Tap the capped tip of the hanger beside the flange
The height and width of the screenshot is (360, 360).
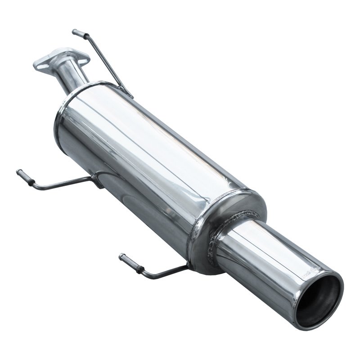(76, 32)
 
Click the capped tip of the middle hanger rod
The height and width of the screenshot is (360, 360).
(20, 173)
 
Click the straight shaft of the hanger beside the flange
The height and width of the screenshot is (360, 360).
(106, 63)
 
